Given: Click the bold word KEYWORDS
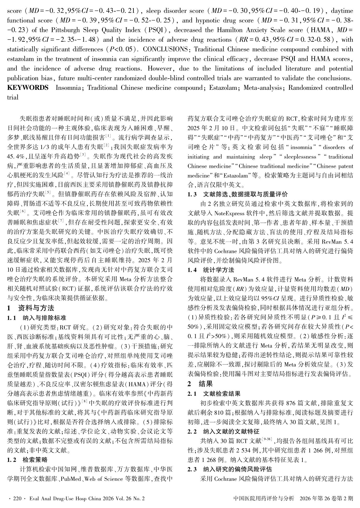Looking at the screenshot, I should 27,88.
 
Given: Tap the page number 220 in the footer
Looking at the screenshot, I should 16,498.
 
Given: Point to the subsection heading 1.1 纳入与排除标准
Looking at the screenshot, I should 36,318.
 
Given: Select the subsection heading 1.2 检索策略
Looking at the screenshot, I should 27,460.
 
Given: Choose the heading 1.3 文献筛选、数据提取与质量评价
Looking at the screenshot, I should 237,194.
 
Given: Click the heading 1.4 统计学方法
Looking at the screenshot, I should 211,270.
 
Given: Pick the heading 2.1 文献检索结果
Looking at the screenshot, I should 214,394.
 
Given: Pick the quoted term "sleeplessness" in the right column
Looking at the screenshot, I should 300,157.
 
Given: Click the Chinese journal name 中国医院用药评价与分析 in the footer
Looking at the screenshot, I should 264,498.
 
